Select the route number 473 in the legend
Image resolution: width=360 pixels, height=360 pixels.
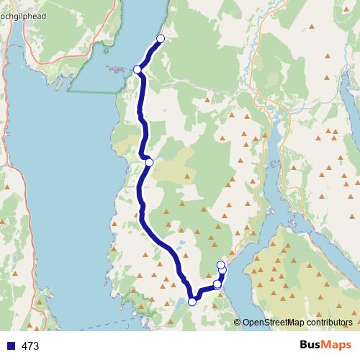[x=30, y=346]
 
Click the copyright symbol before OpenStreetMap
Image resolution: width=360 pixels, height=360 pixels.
[x=237, y=323]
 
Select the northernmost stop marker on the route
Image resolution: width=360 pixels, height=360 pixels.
[x=161, y=38]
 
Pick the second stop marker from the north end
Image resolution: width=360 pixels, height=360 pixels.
[x=138, y=69]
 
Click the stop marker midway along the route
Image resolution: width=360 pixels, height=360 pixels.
[x=149, y=162]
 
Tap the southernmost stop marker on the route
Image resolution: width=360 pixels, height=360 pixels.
[x=192, y=302]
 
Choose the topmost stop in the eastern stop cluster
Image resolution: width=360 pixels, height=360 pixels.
[x=220, y=264]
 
